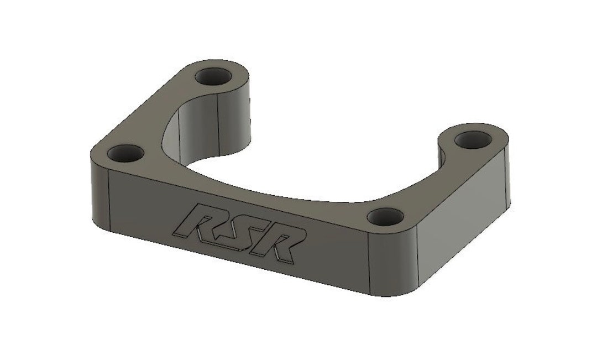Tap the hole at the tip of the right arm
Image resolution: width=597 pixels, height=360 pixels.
(x=473, y=139)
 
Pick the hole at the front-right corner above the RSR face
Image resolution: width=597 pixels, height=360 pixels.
(x=385, y=215)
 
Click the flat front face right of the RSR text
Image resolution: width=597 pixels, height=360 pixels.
(x=332, y=254)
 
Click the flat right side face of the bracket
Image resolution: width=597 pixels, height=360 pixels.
(x=470, y=221)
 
